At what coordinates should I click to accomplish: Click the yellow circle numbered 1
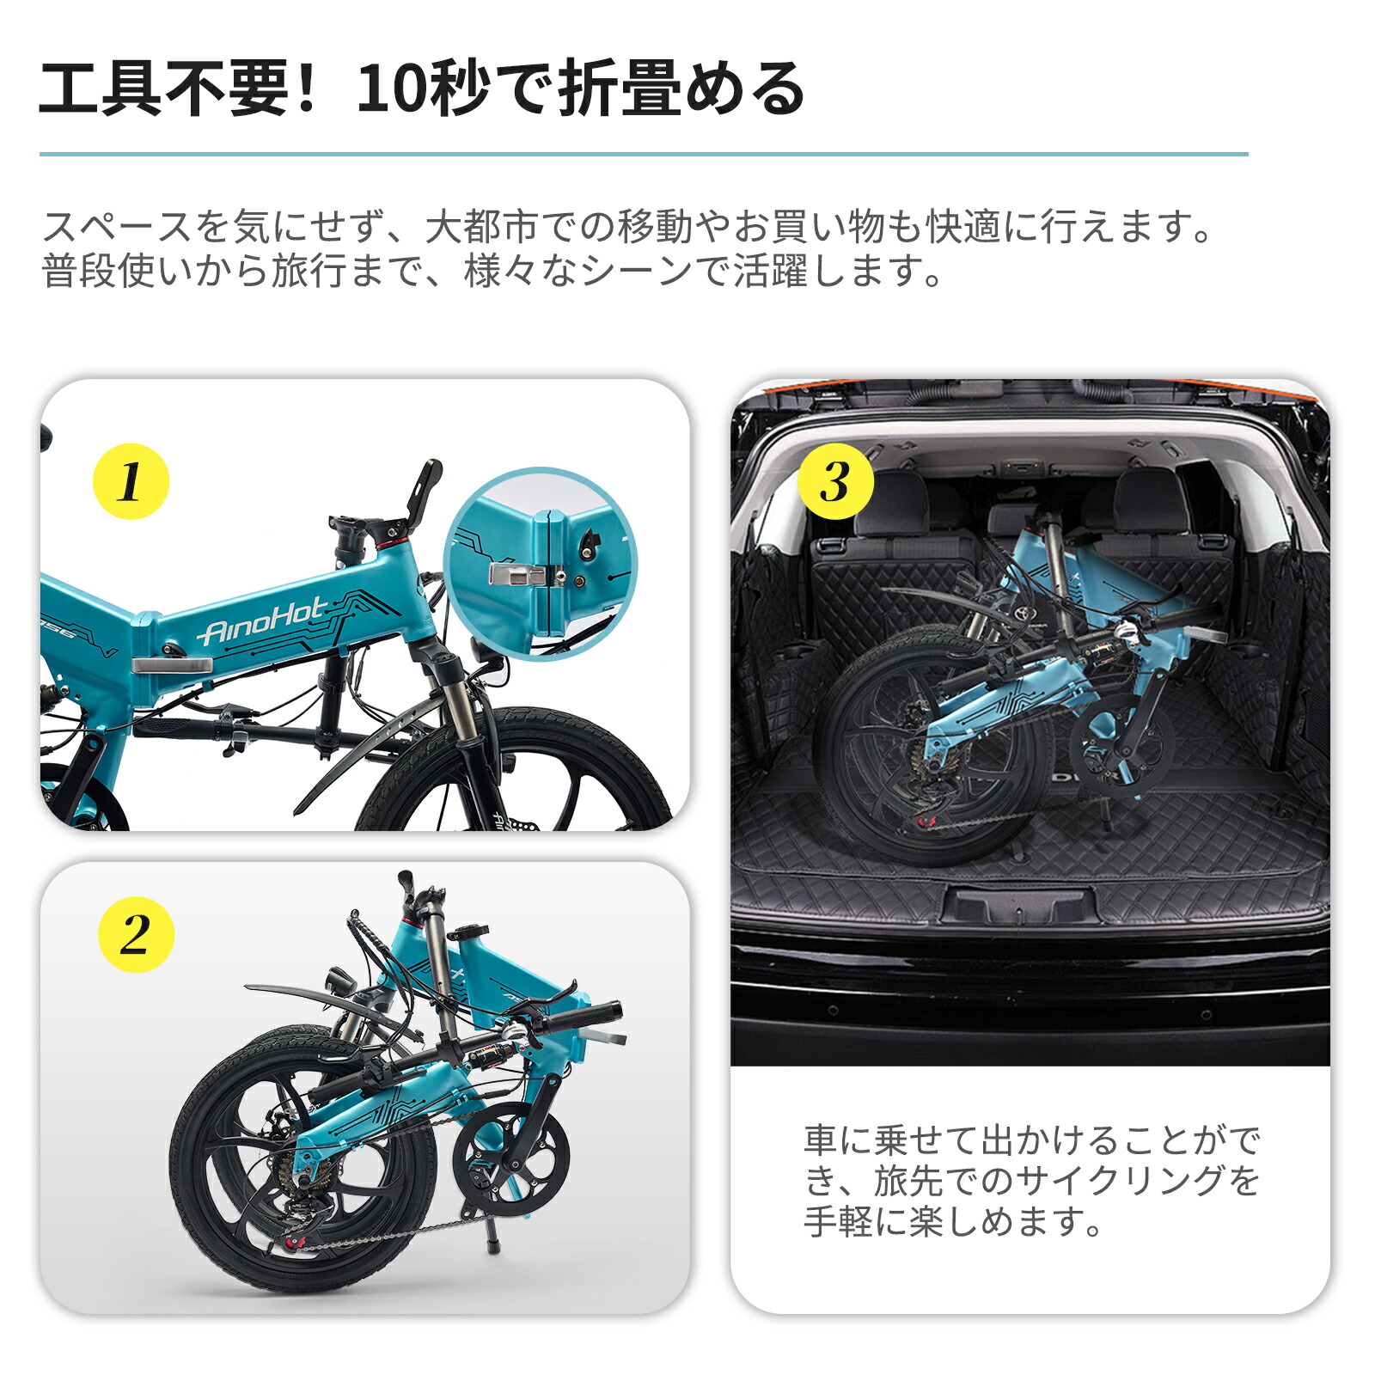(x=131, y=481)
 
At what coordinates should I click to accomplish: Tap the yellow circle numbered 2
(x=136, y=934)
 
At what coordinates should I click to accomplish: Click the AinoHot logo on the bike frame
(x=262, y=621)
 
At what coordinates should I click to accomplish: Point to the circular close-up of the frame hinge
(x=541, y=564)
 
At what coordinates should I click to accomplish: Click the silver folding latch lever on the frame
(x=172, y=665)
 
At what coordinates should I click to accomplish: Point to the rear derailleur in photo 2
(x=301, y=1203)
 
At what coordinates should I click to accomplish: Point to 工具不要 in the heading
(x=163, y=89)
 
